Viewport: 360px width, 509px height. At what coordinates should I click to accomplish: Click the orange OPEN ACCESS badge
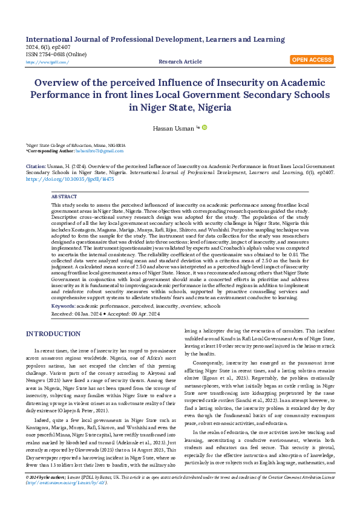click(312, 60)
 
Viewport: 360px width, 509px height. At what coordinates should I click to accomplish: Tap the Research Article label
click(180, 62)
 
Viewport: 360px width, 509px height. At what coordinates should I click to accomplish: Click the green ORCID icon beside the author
click(205, 127)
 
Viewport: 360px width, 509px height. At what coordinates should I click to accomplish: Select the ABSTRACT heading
click(64, 197)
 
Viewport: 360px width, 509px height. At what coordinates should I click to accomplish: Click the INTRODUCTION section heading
click(57, 334)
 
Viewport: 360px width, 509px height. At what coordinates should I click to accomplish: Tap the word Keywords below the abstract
click(63, 306)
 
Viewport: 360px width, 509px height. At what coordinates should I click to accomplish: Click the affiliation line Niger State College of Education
click(76, 146)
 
